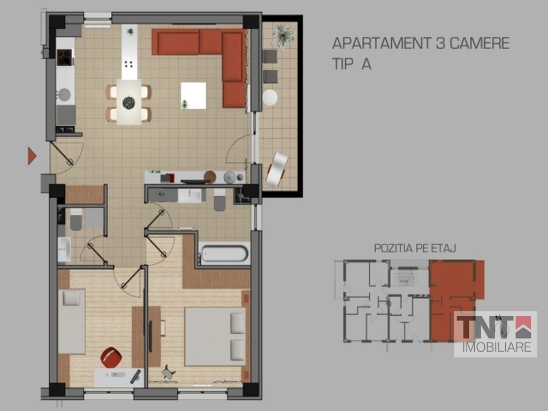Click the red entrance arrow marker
point(32,156)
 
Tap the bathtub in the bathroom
point(224,254)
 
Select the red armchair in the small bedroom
point(111,357)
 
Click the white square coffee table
point(193,95)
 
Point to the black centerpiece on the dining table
point(128,103)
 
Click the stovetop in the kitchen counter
point(65,58)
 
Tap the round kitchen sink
point(64,95)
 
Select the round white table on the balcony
point(270,97)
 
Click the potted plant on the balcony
point(283,35)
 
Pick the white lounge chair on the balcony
point(277,170)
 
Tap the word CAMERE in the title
point(479,43)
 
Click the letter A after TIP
point(366,64)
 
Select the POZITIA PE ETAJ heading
point(415,248)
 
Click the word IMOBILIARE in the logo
point(497,347)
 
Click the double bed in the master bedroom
point(215,336)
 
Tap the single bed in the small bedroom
point(72,321)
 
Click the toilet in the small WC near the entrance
point(76,219)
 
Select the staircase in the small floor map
point(406,276)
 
